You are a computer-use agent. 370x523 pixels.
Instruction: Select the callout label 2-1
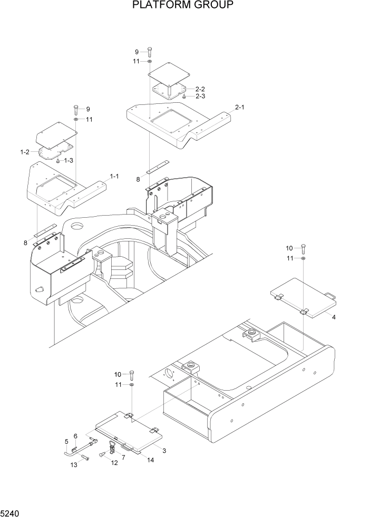(x=239, y=107)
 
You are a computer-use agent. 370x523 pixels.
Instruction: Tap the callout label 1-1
(x=114, y=176)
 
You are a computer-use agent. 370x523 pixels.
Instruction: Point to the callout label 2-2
(x=200, y=89)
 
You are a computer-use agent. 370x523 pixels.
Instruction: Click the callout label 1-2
(x=24, y=152)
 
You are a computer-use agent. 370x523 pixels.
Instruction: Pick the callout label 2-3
(x=200, y=96)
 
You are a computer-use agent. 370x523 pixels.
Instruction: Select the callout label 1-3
(x=69, y=160)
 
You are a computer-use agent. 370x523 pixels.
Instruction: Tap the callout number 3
(x=164, y=451)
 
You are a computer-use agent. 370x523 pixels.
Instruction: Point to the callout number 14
(x=150, y=460)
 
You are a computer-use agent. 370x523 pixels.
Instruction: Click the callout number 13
(x=74, y=464)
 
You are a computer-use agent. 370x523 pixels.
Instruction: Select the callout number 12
(x=115, y=462)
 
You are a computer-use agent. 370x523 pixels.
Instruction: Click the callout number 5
(x=66, y=441)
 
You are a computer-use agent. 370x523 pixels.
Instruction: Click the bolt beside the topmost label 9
(x=150, y=52)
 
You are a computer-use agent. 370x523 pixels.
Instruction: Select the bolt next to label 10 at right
(x=304, y=248)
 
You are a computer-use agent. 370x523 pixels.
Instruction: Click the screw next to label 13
(x=85, y=459)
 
